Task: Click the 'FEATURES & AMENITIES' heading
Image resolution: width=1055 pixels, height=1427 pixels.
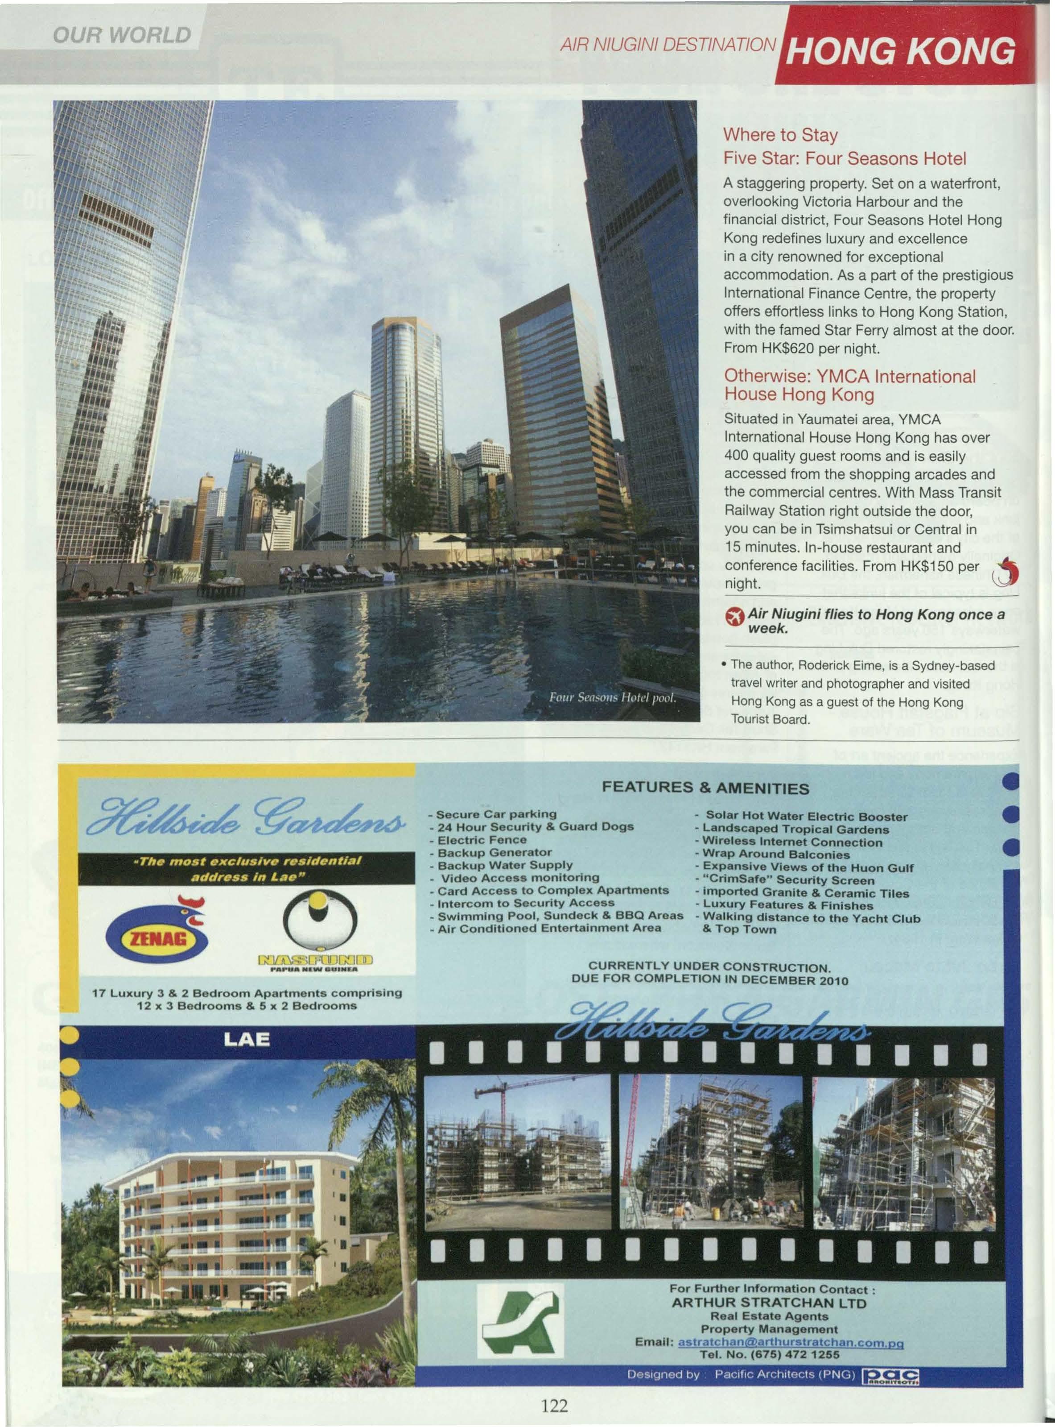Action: (x=706, y=788)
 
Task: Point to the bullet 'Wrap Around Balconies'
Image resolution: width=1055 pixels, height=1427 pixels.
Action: (x=776, y=855)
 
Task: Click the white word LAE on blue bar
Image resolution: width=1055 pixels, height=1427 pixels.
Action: (x=247, y=1039)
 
